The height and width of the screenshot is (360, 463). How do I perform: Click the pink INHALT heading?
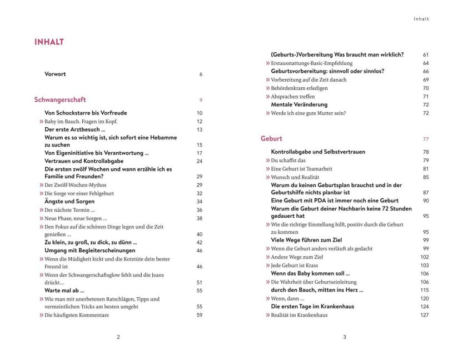[x=49, y=42]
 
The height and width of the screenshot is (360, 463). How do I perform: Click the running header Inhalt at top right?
[x=421, y=19]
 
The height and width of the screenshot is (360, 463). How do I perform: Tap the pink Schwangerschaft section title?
[x=60, y=100]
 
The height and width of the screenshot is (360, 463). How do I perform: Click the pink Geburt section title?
[x=271, y=139]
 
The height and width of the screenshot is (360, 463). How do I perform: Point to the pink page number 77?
[x=426, y=139]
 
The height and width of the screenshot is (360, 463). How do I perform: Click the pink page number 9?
[x=201, y=100]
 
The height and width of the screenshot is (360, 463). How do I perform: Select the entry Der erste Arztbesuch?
[x=75, y=129]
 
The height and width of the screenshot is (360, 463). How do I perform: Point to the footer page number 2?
[x=118, y=337]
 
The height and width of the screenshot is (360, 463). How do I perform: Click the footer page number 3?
[x=345, y=337]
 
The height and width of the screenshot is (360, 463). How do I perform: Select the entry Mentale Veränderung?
[x=299, y=104]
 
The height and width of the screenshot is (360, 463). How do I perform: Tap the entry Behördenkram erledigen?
[x=299, y=88]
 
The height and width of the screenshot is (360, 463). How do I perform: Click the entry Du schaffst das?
[x=286, y=161]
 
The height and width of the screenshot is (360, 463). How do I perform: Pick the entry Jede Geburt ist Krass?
[x=295, y=266]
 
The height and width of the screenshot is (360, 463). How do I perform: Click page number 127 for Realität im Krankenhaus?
[x=425, y=315]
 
